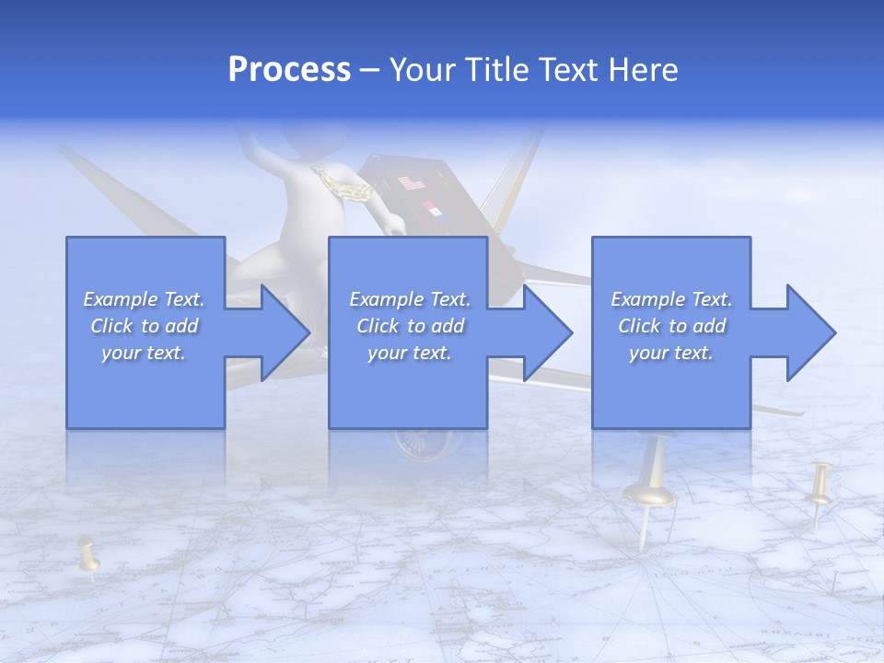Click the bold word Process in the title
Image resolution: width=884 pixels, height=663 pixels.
click(x=289, y=70)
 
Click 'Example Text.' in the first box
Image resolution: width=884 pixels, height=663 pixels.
click(x=144, y=299)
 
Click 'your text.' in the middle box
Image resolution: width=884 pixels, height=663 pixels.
click(x=409, y=353)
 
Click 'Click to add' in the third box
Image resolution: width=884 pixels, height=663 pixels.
click(x=671, y=326)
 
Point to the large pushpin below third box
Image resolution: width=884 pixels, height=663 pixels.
click(x=650, y=493)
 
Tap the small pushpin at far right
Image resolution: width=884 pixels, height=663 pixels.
click(x=819, y=488)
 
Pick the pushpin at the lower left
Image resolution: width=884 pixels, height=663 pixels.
click(x=88, y=556)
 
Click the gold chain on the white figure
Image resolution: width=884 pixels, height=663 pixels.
click(x=351, y=185)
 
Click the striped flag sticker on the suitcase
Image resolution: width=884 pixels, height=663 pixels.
click(x=411, y=183)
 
